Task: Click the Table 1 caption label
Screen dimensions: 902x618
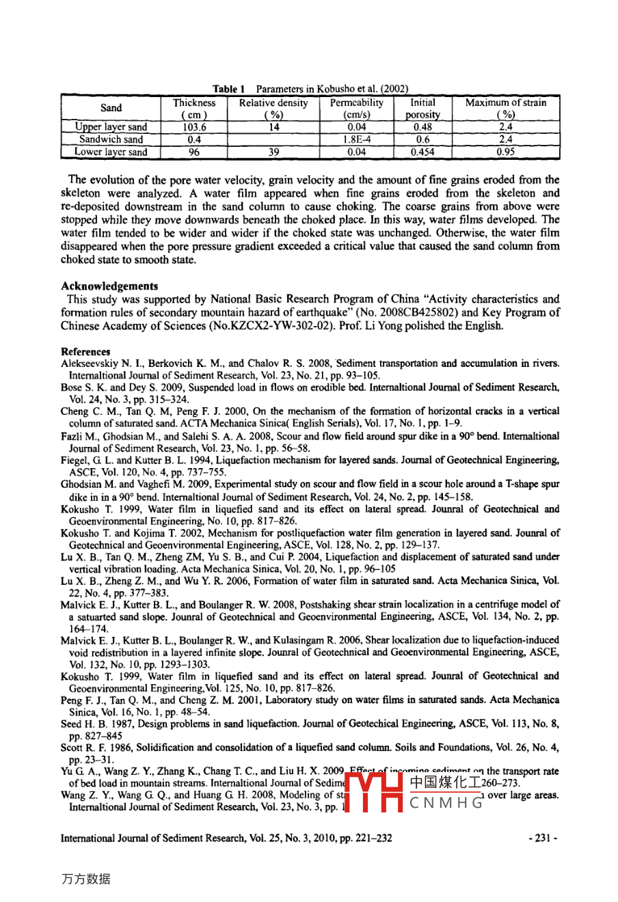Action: point(228,89)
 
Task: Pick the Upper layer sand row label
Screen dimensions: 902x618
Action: point(111,127)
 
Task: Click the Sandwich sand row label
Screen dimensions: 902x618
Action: point(111,139)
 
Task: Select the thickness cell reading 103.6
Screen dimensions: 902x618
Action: point(194,127)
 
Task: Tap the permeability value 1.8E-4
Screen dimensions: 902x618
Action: point(356,139)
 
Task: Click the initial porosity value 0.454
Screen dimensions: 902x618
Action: point(422,152)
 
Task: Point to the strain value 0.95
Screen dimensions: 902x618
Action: point(506,152)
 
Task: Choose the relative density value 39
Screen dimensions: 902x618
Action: point(273,152)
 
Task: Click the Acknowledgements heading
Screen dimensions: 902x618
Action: point(109,286)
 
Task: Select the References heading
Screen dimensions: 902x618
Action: point(85,352)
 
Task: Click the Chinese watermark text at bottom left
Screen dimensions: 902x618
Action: point(85,879)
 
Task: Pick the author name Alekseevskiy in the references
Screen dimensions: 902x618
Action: point(89,364)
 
